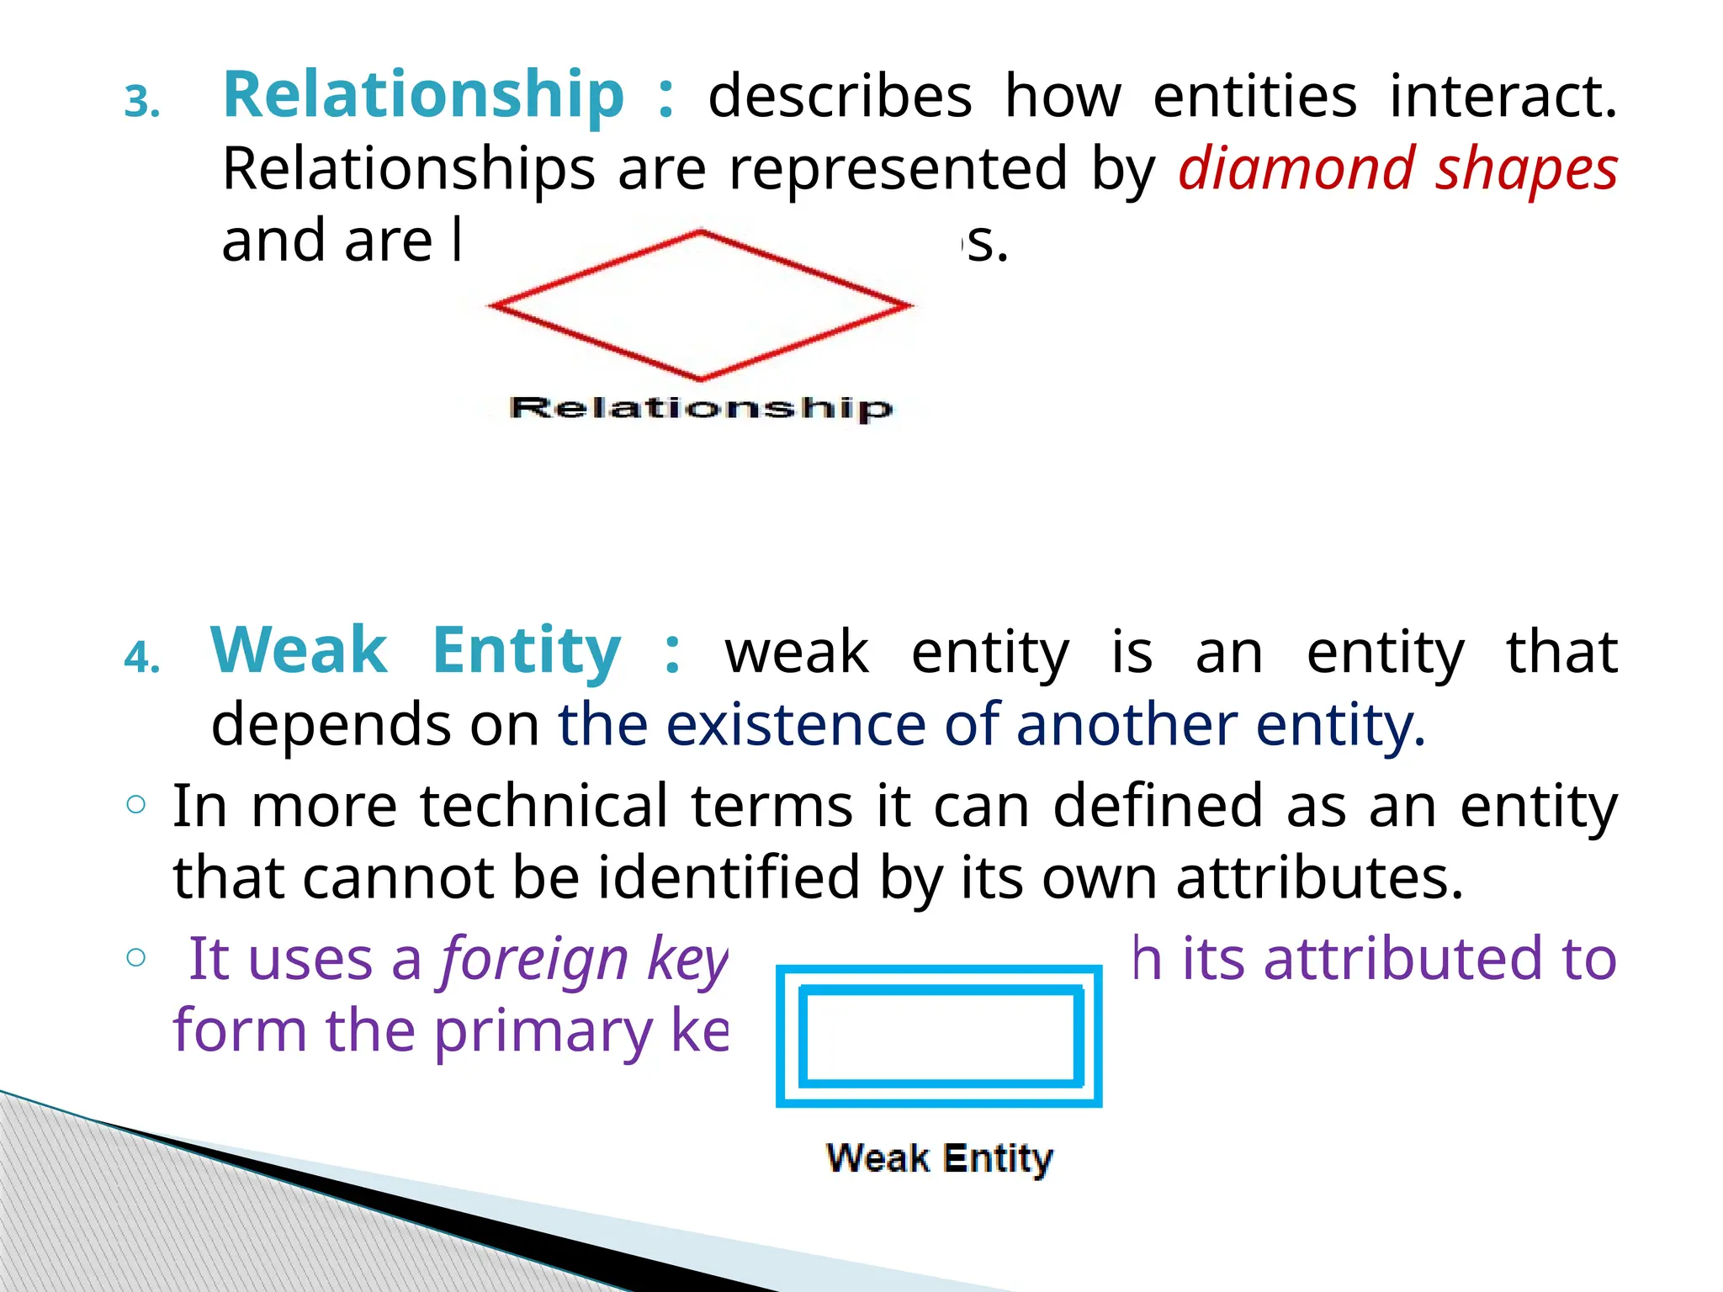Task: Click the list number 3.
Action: (x=142, y=103)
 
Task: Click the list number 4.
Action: (x=141, y=658)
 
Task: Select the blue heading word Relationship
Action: (x=423, y=95)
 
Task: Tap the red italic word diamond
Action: (x=1296, y=169)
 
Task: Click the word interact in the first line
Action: (x=1503, y=96)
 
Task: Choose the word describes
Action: (x=840, y=96)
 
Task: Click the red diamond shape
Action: (x=700, y=305)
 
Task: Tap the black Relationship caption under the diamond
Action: (x=700, y=408)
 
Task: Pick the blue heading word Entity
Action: (x=527, y=652)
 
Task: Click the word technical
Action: (x=544, y=806)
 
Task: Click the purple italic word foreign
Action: (x=534, y=960)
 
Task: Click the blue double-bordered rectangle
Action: (x=939, y=1036)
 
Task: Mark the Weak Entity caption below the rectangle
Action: (x=939, y=1158)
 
